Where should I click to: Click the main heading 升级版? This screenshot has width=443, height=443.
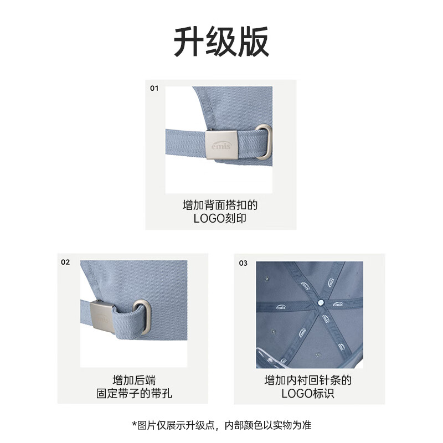pos(221,42)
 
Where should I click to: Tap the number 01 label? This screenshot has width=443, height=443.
pos(154,89)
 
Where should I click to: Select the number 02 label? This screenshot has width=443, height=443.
pos(65,262)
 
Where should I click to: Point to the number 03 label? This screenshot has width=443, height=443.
pos(243,264)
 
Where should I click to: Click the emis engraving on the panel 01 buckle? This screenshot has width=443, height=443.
pos(221,145)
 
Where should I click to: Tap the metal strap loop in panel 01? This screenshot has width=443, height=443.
pos(265,142)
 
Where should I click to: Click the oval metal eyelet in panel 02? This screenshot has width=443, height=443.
pos(142,317)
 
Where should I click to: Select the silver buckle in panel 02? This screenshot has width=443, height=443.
pos(102,317)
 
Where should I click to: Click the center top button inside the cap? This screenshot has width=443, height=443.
pos(321,302)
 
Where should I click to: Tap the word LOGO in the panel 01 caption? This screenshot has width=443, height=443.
pos(209,218)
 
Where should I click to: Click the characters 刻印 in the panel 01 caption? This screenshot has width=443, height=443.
pos(235,218)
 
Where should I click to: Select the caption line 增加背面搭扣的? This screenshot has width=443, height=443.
pos(220,205)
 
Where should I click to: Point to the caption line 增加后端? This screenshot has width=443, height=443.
pos(134,380)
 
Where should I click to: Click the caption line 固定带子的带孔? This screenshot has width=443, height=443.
pos(134,394)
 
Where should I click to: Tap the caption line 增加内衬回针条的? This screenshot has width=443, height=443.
pos(308,380)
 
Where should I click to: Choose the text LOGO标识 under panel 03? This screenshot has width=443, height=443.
pos(308,394)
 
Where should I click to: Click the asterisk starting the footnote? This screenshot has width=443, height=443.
pos(134,424)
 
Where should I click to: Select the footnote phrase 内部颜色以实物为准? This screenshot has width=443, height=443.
pos(268,425)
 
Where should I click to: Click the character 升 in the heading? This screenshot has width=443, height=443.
pos(189,42)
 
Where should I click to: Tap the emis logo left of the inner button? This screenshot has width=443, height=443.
pos(281,307)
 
